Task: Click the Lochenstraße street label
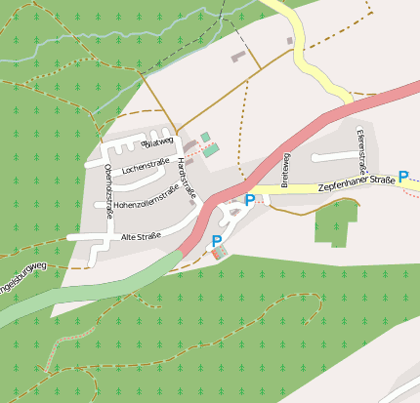click(146, 169)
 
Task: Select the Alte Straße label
click(141, 237)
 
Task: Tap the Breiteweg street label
click(286, 170)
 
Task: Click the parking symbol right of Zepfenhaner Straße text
click(403, 178)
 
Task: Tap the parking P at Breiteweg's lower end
click(250, 201)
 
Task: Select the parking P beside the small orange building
click(217, 241)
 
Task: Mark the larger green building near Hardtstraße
click(211, 150)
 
